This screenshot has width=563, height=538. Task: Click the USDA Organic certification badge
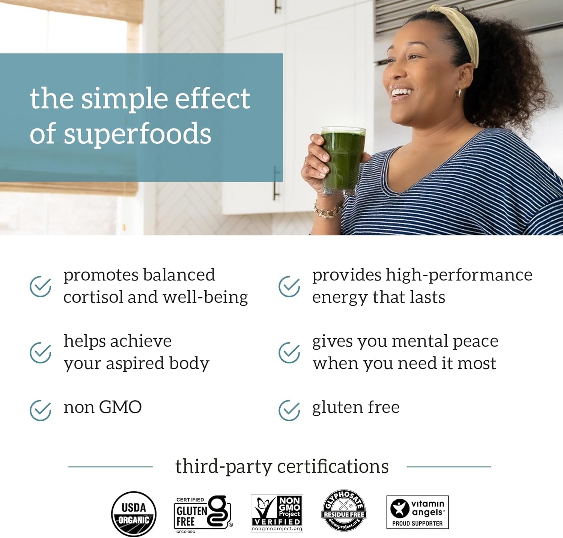click(x=134, y=514)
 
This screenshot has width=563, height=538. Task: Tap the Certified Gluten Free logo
click(x=203, y=514)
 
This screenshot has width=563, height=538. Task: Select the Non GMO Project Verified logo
click(x=277, y=513)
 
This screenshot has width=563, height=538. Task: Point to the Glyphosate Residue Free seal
click(x=344, y=511)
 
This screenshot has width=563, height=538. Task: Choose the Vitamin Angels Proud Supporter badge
click(x=417, y=512)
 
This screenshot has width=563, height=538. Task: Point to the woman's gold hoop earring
click(x=459, y=93)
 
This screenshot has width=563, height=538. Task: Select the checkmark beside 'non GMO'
click(x=40, y=410)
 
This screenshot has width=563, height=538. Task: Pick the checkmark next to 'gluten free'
click(x=289, y=410)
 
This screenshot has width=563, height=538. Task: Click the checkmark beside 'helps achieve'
click(x=40, y=353)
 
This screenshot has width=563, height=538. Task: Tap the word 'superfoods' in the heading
click(x=137, y=134)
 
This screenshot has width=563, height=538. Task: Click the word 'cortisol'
click(x=93, y=297)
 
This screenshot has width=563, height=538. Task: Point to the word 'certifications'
click(x=333, y=466)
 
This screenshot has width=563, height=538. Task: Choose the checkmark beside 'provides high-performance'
click(x=289, y=286)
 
